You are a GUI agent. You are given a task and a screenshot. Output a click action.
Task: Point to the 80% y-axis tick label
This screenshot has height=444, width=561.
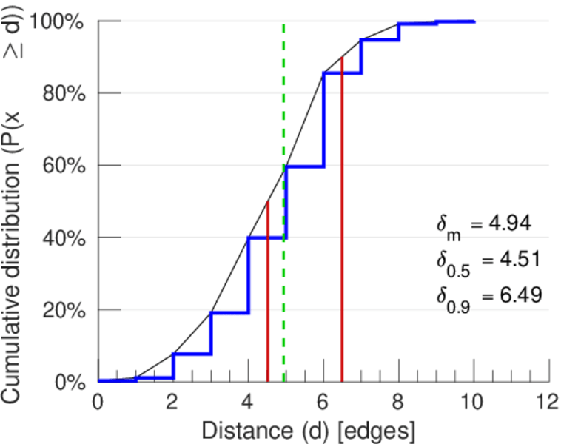pyautogui.click(x=65, y=94)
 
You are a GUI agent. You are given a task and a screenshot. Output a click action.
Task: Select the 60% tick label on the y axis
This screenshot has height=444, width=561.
pyautogui.click(x=65, y=166)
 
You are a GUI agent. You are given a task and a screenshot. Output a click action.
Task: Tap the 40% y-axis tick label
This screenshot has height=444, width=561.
pyautogui.click(x=65, y=238)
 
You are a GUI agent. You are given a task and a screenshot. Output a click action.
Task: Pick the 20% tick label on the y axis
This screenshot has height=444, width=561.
pyautogui.click(x=65, y=310)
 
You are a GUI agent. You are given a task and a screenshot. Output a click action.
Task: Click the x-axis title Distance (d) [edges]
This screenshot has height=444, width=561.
pyautogui.click(x=309, y=430)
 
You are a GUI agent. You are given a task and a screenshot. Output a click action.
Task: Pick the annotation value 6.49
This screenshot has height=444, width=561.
pyautogui.click(x=514, y=295)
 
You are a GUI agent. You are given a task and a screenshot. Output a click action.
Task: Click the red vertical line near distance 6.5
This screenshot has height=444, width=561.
pyautogui.click(x=342, y=222)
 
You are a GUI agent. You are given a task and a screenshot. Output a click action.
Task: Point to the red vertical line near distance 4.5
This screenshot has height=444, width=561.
pyautogui.click(x=267, y=296)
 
